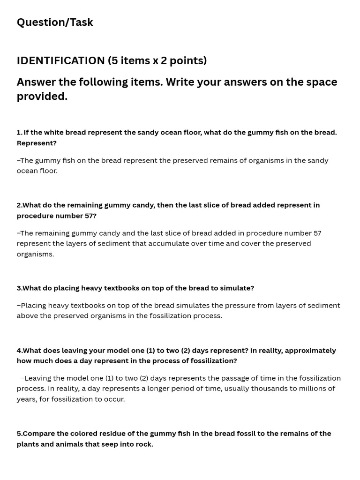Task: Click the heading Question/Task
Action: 55,22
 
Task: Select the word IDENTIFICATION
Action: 61,61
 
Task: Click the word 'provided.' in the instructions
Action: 42,97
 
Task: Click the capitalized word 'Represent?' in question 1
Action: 37,143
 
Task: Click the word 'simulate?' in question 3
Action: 237,288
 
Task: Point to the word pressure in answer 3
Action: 240,306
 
